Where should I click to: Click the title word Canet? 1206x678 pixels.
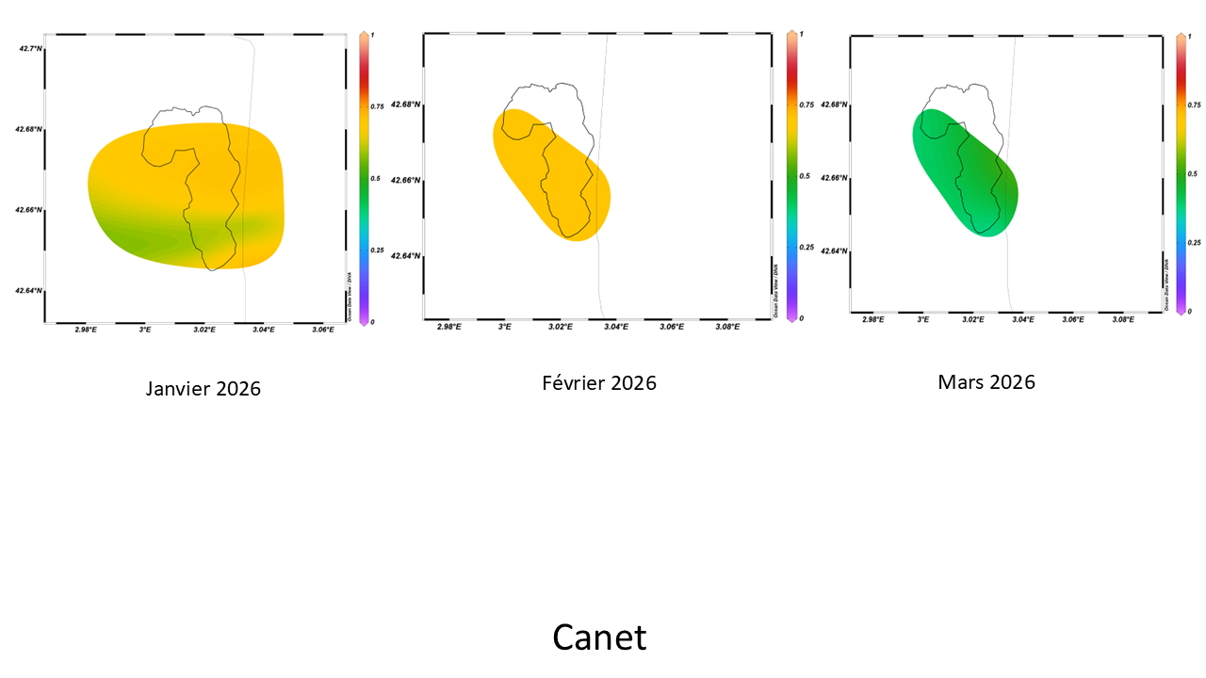click(599, 638)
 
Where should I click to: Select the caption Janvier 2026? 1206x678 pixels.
click(204, 388)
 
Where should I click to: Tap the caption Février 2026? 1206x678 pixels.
click(599, 383)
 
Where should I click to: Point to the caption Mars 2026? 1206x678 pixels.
click(986, 381)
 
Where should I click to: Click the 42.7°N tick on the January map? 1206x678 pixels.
click(29, 48)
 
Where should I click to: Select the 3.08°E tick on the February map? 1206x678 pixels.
click(726, 327)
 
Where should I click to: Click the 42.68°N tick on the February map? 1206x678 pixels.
click(405, 105)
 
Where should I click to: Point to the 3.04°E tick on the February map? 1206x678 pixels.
click(615, 327)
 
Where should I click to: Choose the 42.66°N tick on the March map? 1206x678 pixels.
click(835, 178)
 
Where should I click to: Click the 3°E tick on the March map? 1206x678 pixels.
click(923, 320)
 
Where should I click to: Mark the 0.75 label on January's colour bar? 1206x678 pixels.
click(377, 106)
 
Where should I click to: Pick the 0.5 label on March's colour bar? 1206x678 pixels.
click(1192, 173)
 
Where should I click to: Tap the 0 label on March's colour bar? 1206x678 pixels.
click(1190, 311)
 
